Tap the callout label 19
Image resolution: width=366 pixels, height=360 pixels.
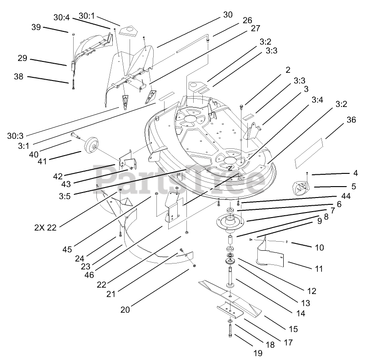[258, 352]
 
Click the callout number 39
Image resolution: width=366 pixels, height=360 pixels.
[36, 27]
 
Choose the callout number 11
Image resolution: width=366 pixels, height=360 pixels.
[318, 269]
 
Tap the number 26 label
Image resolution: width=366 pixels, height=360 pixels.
[247, 20]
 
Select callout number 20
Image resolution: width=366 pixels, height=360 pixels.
[125, 309]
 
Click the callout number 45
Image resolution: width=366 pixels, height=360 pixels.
[67, 249]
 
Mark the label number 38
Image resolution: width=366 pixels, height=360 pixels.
[19, 77]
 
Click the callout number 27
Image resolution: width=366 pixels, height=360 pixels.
[255, 28]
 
